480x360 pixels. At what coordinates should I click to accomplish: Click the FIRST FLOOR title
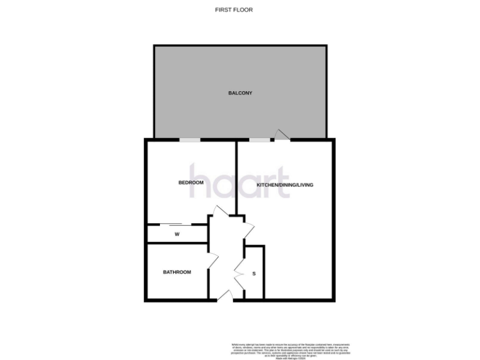(x=233, y=10)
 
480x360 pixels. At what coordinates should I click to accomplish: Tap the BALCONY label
(x=240, y=93)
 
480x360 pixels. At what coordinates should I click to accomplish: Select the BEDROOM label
(x=191, y=182)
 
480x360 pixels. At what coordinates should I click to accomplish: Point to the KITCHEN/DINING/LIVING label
(x=285, y=186)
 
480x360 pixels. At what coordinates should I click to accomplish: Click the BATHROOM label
(x=177, y=272)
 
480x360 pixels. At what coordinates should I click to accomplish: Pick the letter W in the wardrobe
(x=177, y=234)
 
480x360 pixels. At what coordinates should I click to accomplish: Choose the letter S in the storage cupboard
(x=254, y=274)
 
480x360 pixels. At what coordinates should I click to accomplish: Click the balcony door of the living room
(x=282, y=135)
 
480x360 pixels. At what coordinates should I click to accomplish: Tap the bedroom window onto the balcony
(x=189, y=139)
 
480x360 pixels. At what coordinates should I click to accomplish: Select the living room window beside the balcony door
(x=260, y=139)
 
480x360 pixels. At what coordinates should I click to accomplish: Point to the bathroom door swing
(x=212, y=257)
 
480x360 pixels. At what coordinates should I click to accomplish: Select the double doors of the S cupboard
(x=239, y=273)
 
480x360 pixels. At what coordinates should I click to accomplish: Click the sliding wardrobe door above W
(x=171, y=224)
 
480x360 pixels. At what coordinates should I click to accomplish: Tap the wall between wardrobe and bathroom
(x=177, y=243)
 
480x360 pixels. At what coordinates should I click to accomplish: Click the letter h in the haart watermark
(x=199, y=182)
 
